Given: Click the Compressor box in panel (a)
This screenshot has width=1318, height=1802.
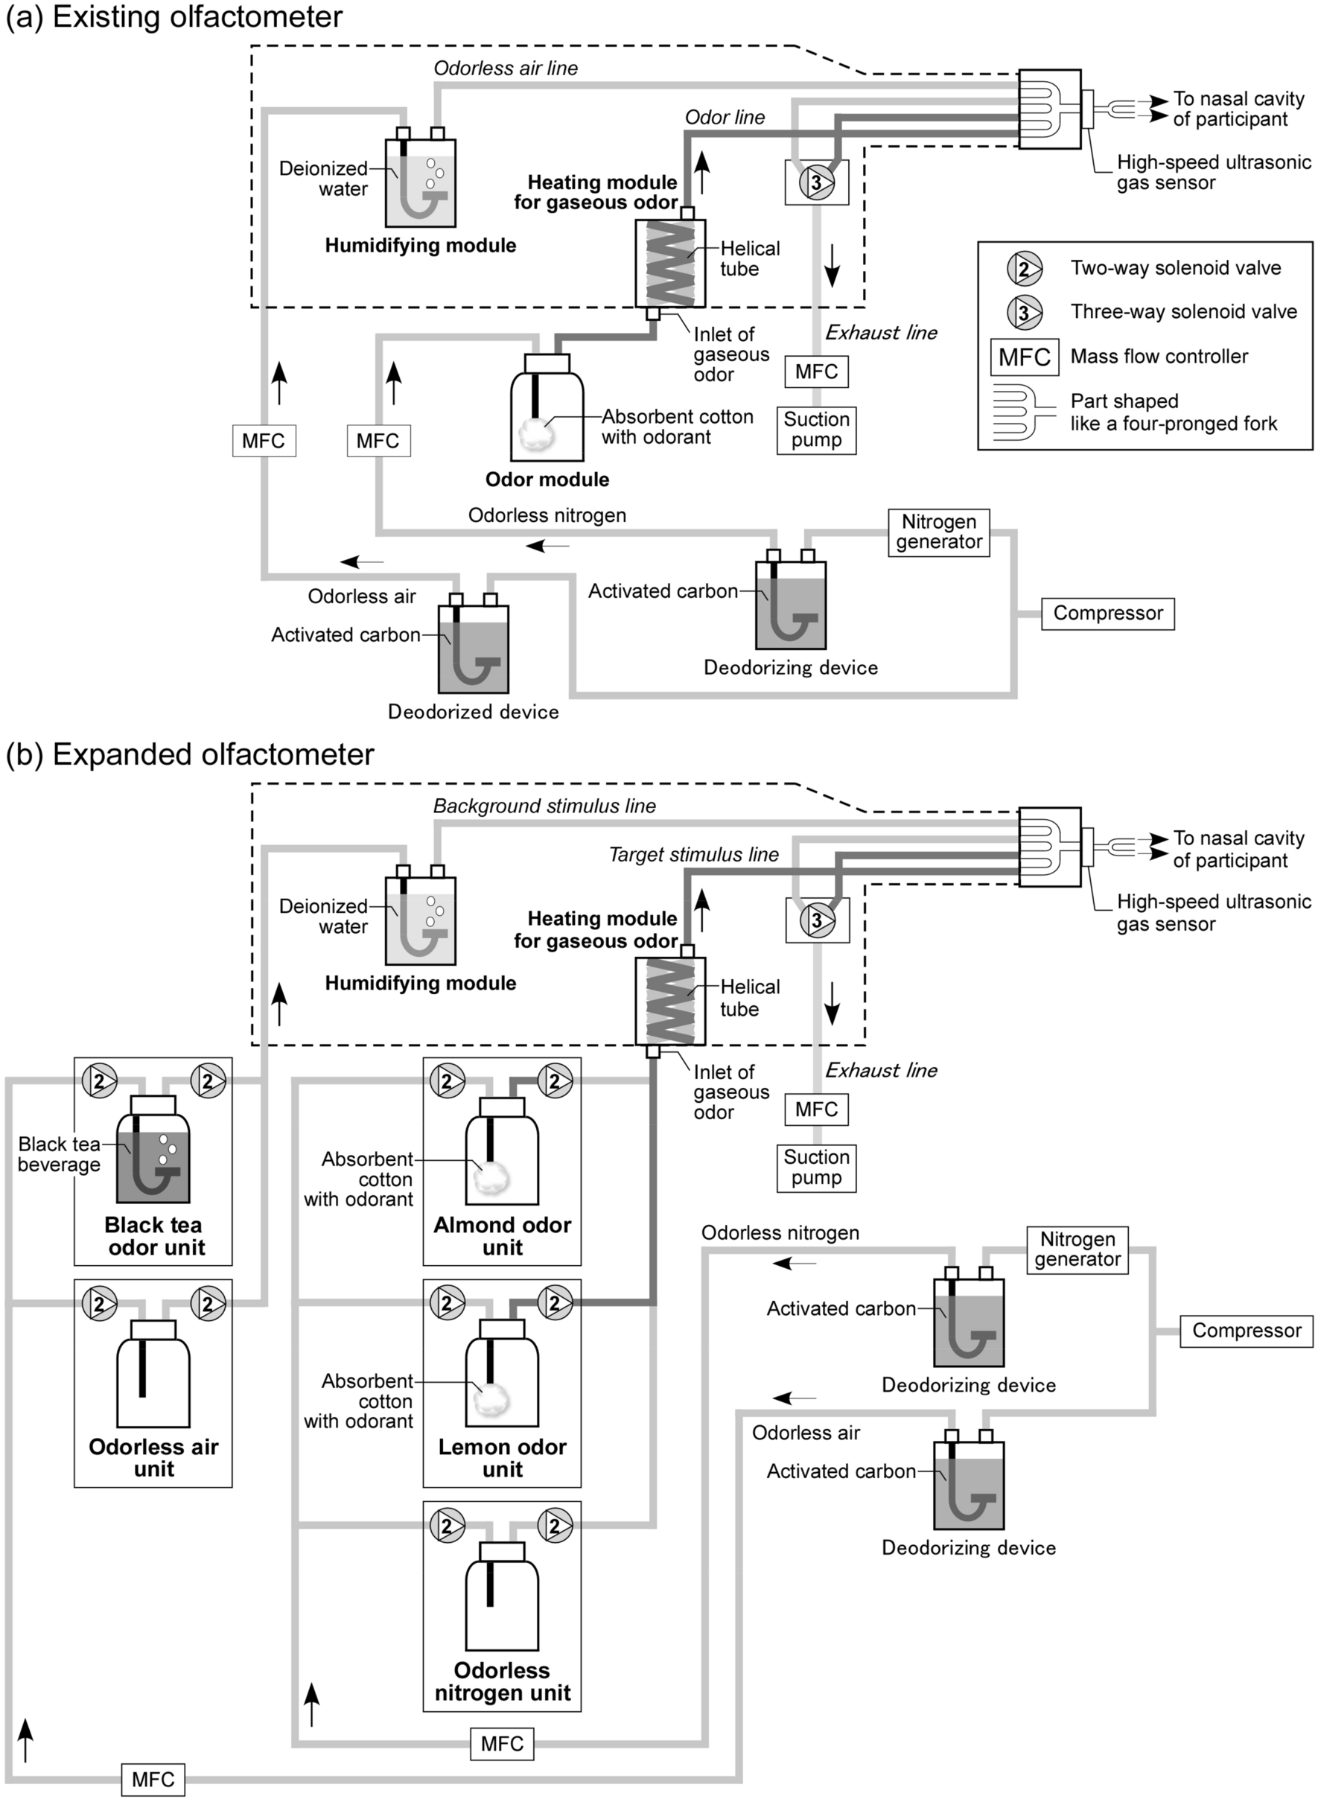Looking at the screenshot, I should point(1107,614).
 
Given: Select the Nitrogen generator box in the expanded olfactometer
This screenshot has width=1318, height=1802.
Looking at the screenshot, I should point(1077,1249).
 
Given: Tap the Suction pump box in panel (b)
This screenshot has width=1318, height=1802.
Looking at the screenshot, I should point(816,1167).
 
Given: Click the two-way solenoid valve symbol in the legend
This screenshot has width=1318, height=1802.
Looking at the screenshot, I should point(1024,269).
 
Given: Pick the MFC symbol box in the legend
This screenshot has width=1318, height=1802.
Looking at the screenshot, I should point(1025,357).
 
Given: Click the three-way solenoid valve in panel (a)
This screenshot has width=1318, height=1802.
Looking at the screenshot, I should point(816,182).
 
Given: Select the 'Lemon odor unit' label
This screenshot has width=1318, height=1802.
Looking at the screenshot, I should point(502,1458).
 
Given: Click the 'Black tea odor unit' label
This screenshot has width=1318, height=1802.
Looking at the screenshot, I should point(155,1235).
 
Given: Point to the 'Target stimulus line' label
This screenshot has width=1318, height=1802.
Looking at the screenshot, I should point(693,855).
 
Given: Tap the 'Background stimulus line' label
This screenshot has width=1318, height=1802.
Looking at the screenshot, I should point(544,806).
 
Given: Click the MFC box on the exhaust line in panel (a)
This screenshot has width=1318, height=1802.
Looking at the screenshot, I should point(816,372).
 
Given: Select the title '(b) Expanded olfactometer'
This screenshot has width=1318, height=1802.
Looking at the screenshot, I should point(190,754).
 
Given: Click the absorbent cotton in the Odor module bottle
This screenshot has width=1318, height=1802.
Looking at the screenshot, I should point(537,434).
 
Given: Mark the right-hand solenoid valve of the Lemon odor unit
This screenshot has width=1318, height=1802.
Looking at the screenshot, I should point(555,1303).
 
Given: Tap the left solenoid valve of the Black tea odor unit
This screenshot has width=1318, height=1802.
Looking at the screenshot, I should point(100,1082).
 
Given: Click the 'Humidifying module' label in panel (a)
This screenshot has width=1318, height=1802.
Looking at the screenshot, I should point(420,246).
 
